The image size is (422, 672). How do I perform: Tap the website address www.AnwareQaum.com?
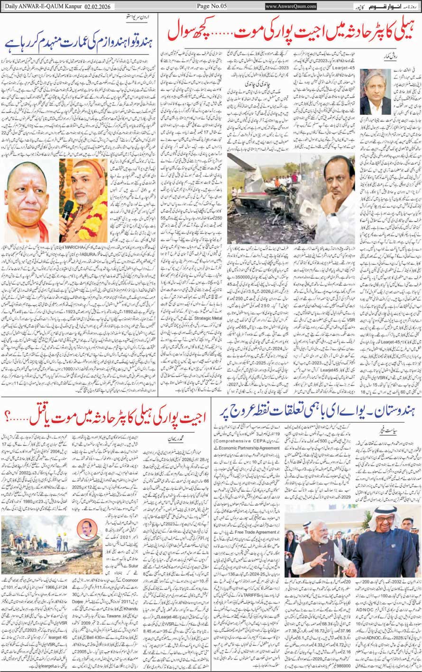pos(291,6)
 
